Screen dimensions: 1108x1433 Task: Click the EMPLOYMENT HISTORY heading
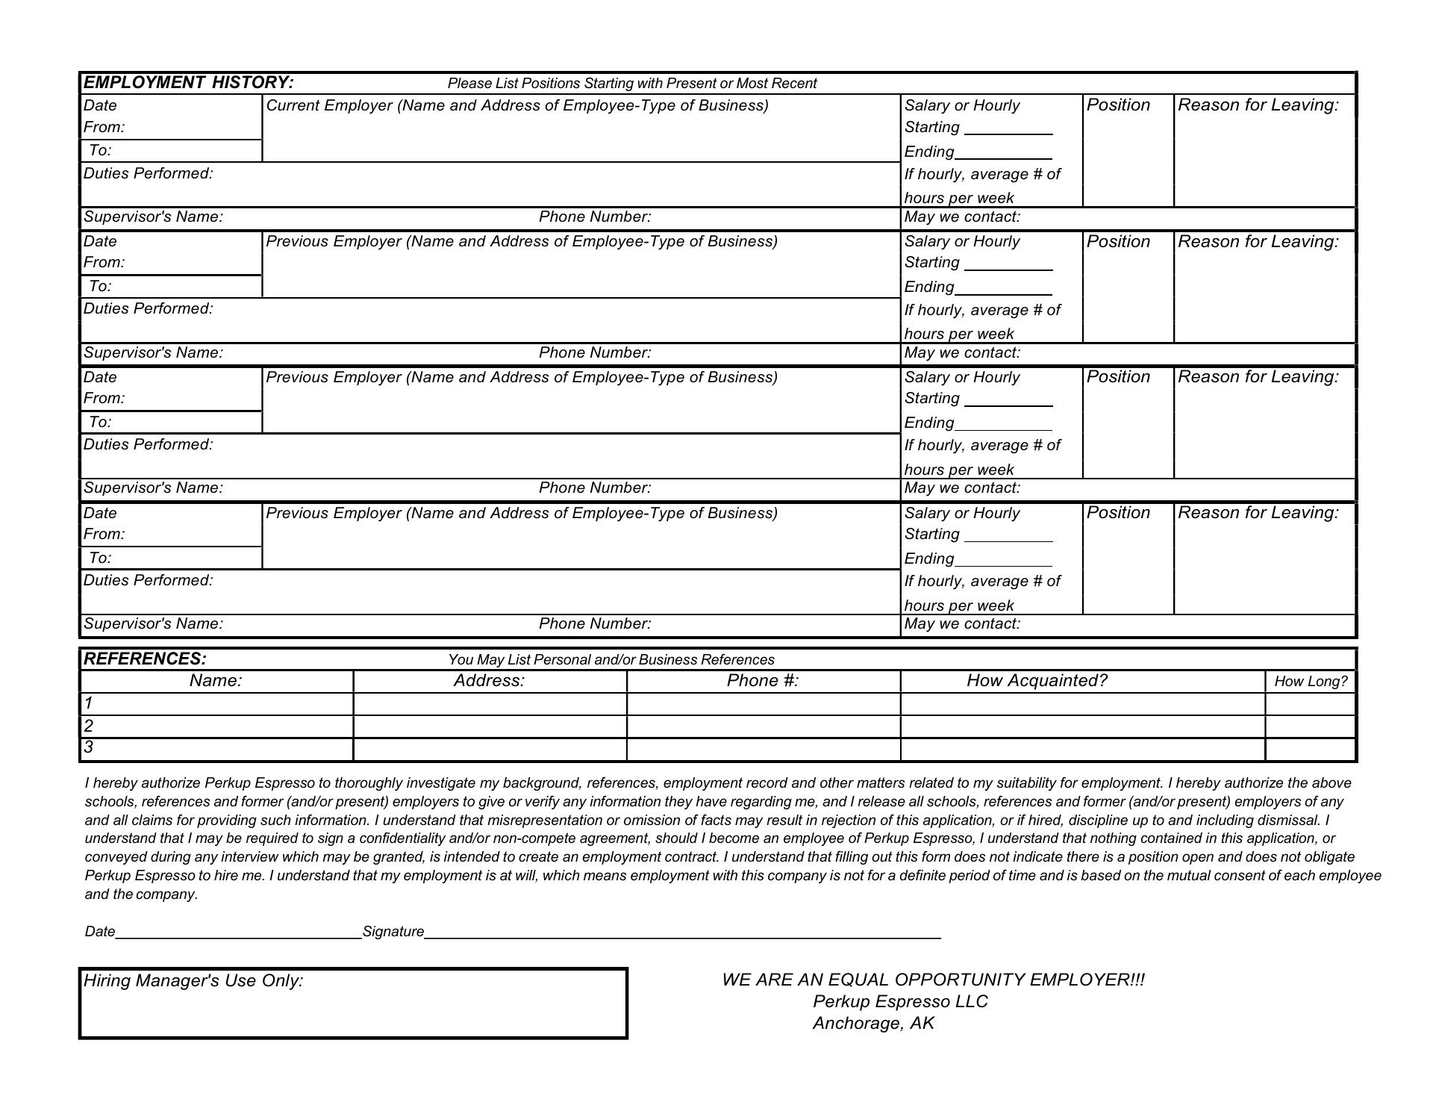click(x=188, y=82)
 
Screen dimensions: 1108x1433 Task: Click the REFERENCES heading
click(x=145, y=659)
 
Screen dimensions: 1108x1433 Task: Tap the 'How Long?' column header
click(x=1310, y=681)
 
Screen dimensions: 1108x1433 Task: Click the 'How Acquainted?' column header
click(x=1037, y=680)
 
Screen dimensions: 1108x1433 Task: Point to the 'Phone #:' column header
click(x=762, y=680)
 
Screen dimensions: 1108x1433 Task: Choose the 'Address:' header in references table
click(x=489, y=680)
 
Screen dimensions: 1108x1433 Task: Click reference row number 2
click(x=89, y=726)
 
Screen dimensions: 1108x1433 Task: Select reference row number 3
click(x=89, y=747)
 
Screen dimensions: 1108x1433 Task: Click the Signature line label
click(x=393, y=931)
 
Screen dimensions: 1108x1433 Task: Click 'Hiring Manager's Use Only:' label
click(x=193, y=980)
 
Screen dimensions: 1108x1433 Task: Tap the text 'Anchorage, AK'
click(x=873, y=1023)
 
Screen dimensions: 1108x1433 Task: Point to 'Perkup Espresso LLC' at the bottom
click(x=900, y=1001)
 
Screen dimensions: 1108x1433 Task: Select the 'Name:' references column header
click(x=216, y=680)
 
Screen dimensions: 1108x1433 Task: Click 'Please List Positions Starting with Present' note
click(x=631, y=83)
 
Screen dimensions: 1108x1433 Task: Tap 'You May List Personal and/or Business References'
click(x=611, y=659)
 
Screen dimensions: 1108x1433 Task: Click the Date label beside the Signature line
click(x=99, y=931)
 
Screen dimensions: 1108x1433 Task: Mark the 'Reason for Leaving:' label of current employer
click(x=1258, y=105)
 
